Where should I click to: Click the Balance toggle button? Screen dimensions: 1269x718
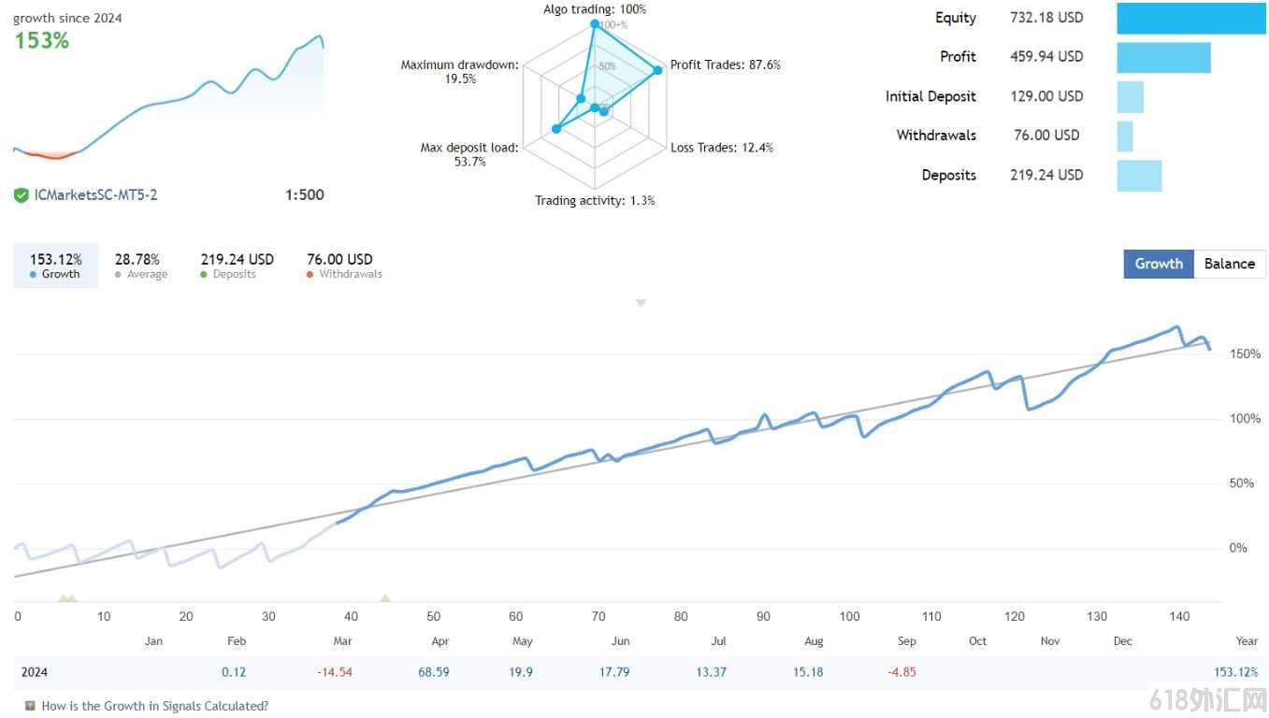point(1230,264)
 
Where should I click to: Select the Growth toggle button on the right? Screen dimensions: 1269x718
point(1159,264)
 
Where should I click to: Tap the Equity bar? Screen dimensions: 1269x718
point(1191,18)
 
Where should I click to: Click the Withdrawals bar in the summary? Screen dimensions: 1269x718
point(1125,136)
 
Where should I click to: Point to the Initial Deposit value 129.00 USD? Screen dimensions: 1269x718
point(1046,96)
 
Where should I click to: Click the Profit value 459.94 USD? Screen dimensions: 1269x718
point(1046,57)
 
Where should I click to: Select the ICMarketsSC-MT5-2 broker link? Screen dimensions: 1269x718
point(95,194)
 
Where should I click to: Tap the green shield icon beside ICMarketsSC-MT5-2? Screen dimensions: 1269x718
point(21,195)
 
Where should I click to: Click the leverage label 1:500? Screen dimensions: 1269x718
point(304,194)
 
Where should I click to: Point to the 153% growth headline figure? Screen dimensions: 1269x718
point(41,41)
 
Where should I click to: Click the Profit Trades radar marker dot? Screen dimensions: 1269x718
point(657,70)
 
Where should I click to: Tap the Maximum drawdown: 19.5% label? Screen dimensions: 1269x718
point(459,72)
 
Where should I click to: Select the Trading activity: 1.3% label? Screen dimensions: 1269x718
point(595,200)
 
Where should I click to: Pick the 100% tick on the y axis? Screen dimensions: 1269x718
point(1245,419)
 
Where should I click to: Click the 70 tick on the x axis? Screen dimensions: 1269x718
point(598,616)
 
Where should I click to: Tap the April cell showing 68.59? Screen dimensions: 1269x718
point(433,672)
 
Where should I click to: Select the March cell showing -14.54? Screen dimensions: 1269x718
point(334,672)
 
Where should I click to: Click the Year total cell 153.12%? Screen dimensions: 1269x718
point(1235,672)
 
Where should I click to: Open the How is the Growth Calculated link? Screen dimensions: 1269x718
point(154,706)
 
